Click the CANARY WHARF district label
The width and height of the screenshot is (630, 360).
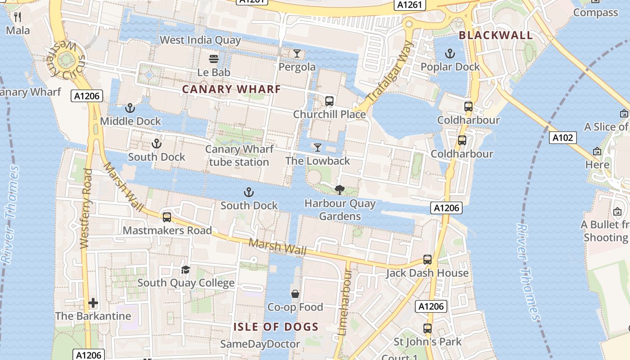pyautogui.click(x=231, y=89)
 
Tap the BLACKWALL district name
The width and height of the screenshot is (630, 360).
pyautogui.click(x=495, y=35)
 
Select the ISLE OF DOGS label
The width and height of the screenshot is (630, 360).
pyautogui.click(x=276, y=327)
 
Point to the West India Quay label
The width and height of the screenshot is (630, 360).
pyautogui.click(x=200, y=40)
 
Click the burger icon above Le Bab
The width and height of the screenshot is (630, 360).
pyautogui.click(x=214, y=59)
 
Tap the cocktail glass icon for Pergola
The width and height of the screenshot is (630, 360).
pyautogui.click(x=297, y=54)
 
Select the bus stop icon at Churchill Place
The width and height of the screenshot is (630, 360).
pyautogui.click(x=329, y=101)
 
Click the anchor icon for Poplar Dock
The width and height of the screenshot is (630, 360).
pyautogui.click(x=450, y=54)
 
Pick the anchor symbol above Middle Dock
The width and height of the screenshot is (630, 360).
pyautogui.click(x=130, y=108)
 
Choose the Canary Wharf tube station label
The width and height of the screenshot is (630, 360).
pyautogui.click(x=239, y=155)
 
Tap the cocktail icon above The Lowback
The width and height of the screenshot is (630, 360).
pyautogui.click(x=318, y=148)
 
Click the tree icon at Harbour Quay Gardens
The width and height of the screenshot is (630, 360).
pyautogui.click(x=340, y=190)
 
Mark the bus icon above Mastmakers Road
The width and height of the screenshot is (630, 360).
pyautogui.click(x=167, y=217)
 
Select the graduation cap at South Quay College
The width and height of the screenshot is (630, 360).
pyautogui.click(x=185, y=270)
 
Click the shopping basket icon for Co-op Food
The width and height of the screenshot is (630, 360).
pyautogui.click(x=295, y=294)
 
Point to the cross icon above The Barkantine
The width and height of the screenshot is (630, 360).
pyautogui.click(x=93, y=303)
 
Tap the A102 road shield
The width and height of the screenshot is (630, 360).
pyautogui.click(x=563, y=137)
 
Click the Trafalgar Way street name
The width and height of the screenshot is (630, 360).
pyautogui.click(x=390, y=72)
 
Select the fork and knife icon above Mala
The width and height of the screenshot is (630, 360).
pyautogui.click(x=18, y=17)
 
